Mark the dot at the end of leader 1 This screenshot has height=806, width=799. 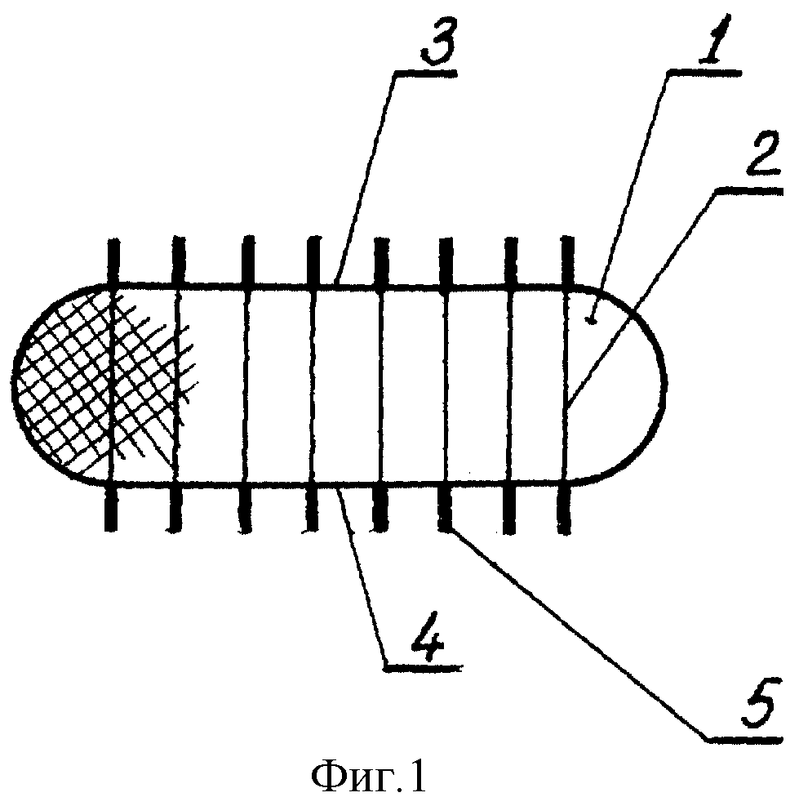tap(593, 322)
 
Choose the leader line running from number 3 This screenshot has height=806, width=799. tap(366, 177)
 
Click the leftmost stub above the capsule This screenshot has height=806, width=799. tap(114, 261)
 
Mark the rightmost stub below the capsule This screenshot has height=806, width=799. tap(564, 509)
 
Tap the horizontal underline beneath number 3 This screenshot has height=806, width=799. tap(426, 73)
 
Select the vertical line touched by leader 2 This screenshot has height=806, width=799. tap(566, 385)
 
